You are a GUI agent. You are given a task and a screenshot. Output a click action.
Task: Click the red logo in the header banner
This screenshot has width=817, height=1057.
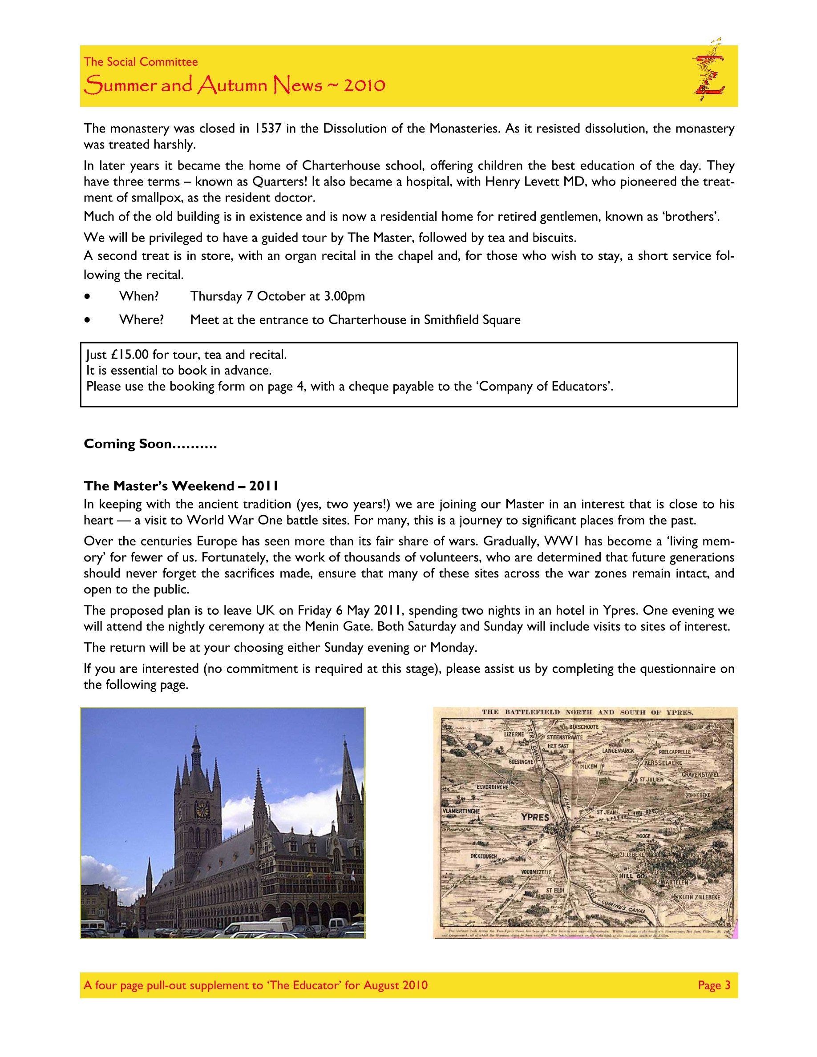[x=708, y=71]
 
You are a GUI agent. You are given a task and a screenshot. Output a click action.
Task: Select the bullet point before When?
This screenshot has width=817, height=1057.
[x=87, y=297]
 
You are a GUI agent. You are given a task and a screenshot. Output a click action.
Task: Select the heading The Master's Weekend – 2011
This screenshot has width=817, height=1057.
[x=181, y=486]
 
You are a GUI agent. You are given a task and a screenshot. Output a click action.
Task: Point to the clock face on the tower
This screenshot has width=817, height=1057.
[x=201, y=808]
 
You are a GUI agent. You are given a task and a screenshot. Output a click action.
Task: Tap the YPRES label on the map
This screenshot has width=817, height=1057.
[x=535, y=817]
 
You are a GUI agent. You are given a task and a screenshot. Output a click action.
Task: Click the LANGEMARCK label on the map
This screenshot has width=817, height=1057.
[x=618, y=750]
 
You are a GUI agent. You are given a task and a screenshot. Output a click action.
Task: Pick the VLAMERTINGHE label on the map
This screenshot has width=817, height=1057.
[x=461, y=811]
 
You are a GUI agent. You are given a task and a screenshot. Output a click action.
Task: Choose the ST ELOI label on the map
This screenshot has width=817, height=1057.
[x=555, y=891]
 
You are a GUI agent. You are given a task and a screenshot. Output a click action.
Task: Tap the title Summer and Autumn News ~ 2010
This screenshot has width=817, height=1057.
[x=234, y=86]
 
